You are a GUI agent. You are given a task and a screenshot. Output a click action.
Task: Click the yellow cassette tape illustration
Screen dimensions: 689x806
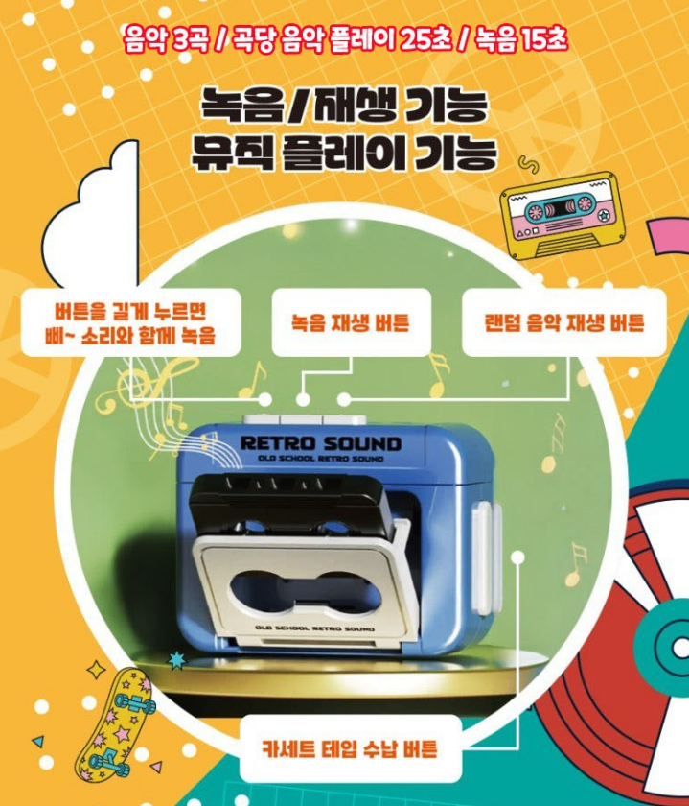click(564, 215)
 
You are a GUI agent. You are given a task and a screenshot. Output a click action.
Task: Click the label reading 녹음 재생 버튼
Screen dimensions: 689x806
click(351, 322)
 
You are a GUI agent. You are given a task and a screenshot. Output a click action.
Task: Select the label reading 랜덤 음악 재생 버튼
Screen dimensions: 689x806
click(564, 322)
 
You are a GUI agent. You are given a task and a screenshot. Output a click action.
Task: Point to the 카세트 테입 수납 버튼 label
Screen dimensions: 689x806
click(350, 747)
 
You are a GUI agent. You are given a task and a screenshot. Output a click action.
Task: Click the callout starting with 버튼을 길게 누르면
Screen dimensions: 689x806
click(130, 322)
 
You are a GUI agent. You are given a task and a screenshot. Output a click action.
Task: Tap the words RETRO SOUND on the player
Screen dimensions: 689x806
click(321, 443)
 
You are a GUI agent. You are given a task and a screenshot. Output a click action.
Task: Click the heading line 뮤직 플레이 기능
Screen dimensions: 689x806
click(344, 153)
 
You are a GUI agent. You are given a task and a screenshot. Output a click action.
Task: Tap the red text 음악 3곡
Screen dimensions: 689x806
click(167, 39)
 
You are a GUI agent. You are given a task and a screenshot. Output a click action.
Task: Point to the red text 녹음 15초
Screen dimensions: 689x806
click(521, 39)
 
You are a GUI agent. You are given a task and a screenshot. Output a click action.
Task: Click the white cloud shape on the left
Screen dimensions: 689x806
click(90, 215)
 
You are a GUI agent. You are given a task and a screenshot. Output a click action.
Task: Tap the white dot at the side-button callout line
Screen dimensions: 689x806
click(518, 557)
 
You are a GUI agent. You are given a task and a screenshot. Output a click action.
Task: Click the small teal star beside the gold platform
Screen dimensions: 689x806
click(177, 659)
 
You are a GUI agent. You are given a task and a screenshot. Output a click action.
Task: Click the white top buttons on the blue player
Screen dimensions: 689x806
click(305, 419)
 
